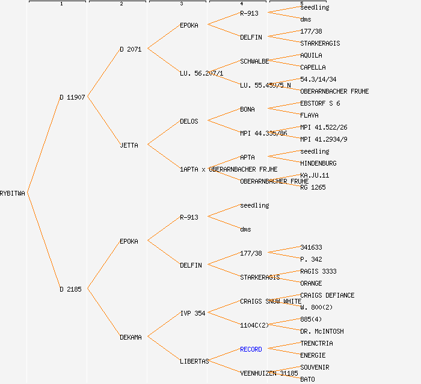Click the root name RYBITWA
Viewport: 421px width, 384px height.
click(13, 193)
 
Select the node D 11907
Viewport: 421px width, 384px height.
click(72, 97)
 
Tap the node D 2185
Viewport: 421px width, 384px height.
click(70, 289)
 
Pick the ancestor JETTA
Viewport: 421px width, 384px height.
click(129, 145)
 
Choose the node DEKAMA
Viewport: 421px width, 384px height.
click(131, 337)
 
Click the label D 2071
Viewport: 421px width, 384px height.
click(131, 49)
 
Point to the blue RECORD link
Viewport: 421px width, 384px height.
click(251, 349)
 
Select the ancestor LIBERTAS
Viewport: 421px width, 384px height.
click(194, 361)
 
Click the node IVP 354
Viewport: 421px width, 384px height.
click(192, 313)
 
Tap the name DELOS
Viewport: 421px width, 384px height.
click(189, 121)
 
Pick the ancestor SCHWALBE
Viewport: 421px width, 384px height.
click(254, 61)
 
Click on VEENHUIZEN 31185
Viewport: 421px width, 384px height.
click(269, 373)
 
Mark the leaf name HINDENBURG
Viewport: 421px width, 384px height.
click(318, 163)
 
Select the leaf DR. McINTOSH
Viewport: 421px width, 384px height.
click(322, 331)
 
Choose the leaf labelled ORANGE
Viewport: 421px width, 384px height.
click(311, 283)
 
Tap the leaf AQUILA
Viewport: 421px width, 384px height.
click(311, 55)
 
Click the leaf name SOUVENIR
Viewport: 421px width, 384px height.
click(315, 367)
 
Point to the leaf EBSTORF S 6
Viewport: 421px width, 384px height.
click(320, 103)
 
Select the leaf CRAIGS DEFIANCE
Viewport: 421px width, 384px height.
click(327, 295)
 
